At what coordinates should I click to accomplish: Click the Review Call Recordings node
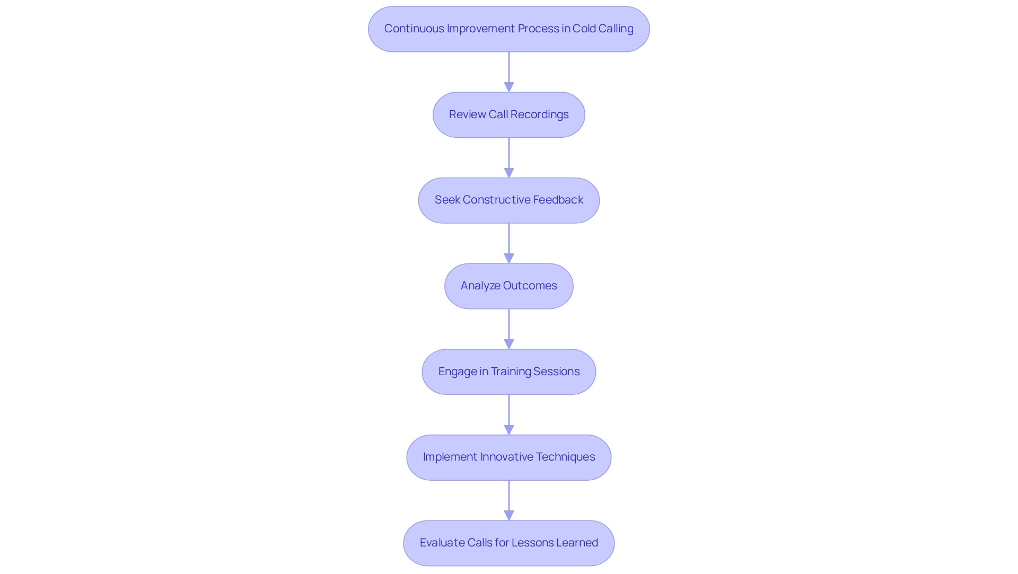click(x=508, y=115)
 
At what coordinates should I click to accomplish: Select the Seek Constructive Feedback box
click(x=508, y=200)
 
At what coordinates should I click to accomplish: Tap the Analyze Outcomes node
click(x=508, y=286)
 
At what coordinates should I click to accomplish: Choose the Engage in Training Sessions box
click(x=508, y=372)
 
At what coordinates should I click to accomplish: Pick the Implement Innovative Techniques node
click(x=508, y=457)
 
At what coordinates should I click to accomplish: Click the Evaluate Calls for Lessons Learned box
click(x=508, y=543)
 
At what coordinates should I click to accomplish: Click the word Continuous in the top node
click(x=414, y=29)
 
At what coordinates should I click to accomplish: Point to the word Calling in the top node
click(x=616, y=29)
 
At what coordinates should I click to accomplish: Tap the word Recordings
click(x=539, y=114)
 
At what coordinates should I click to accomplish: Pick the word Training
click(x=511, y=372)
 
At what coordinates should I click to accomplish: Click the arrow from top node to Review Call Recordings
click(x=508, y=72)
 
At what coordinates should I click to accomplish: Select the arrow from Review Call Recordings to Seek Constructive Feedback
click(x=508, y=157)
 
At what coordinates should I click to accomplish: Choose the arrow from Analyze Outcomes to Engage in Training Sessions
click(x=508, y=329)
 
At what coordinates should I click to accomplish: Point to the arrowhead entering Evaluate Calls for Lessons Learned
click(x=508, y=515)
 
